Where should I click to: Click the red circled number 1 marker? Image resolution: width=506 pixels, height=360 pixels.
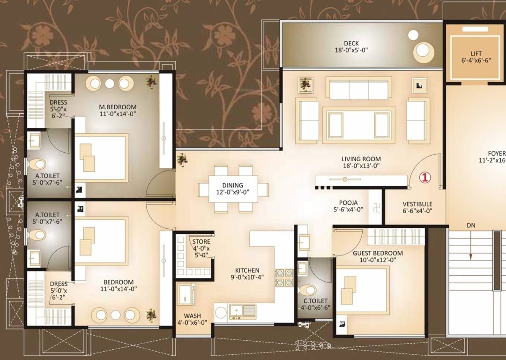424,178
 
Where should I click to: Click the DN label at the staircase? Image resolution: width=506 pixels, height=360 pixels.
471,225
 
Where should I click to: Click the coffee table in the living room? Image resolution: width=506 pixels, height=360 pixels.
358,124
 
